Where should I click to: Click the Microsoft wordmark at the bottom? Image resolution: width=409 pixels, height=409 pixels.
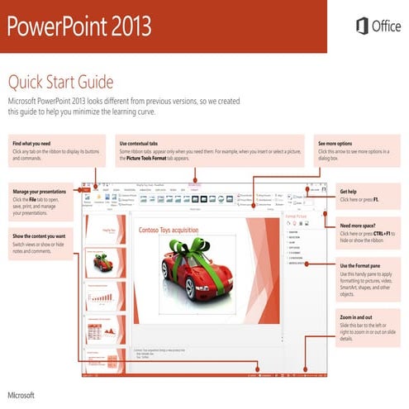point(22,395)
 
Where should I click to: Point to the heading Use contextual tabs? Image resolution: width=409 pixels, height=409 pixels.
point(143,142)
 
